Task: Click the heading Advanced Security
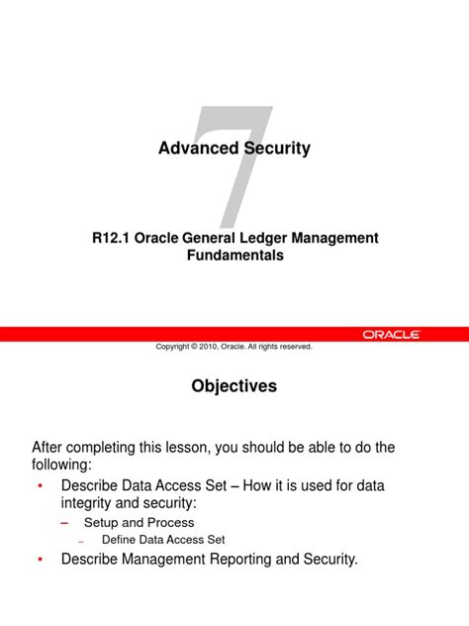234,149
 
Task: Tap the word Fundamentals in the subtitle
234,256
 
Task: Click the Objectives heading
234,386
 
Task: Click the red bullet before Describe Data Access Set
40,487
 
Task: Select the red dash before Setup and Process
65,522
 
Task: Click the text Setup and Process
139,522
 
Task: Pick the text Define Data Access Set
163,540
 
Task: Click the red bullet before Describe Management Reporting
40,561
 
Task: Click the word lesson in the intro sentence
183,448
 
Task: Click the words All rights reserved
280,347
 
